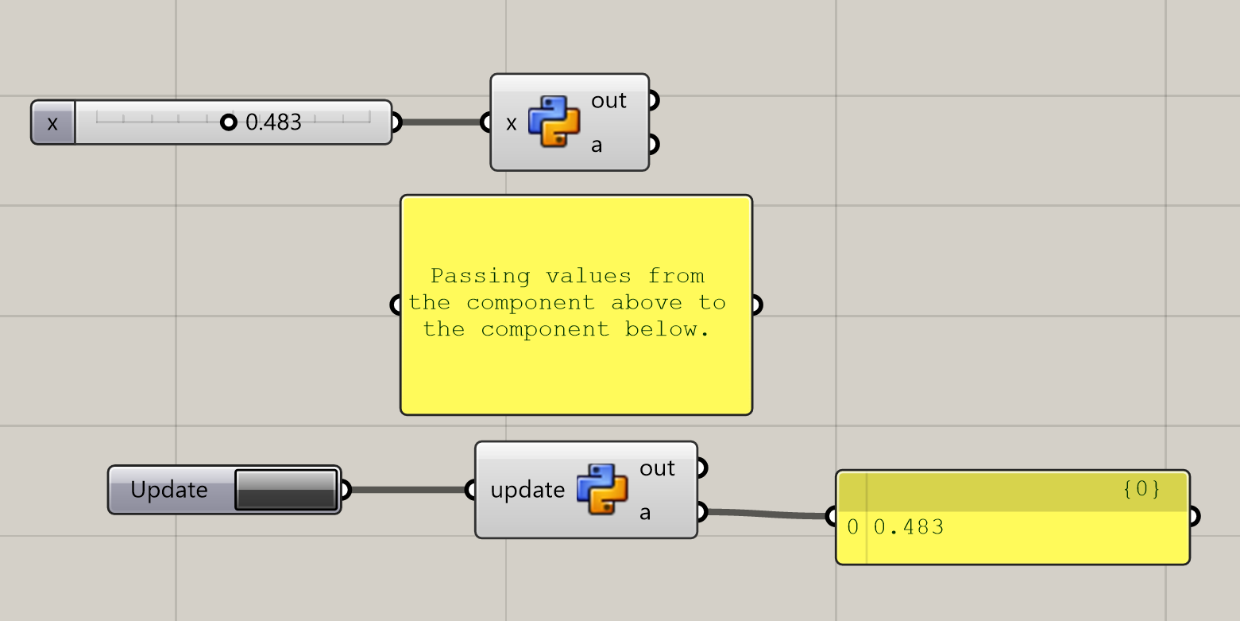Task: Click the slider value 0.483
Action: (x=274, y=122)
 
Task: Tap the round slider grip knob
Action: (x=229, y=122)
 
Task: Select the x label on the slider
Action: (x=52, y=123)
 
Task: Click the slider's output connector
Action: (x=396, y=122)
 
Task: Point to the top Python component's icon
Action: (x=554, y=122)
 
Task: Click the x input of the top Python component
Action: (x=511, y=123)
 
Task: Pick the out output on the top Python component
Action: (x=609, y=101)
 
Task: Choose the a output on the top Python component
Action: (x=597, y=146)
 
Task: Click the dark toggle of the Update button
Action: (x=286, y=490)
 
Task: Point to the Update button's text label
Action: (x=168, y=490)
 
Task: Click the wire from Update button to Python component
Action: (x=405, y=490)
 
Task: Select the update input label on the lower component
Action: (x=527, y=491)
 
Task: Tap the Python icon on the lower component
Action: (x=602, y=490)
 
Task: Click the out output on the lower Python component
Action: (x=658, y=468)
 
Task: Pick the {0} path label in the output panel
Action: (x=1142, y=489)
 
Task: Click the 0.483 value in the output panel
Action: (x=909, y=527)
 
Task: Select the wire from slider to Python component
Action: (x=442, y=122)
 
